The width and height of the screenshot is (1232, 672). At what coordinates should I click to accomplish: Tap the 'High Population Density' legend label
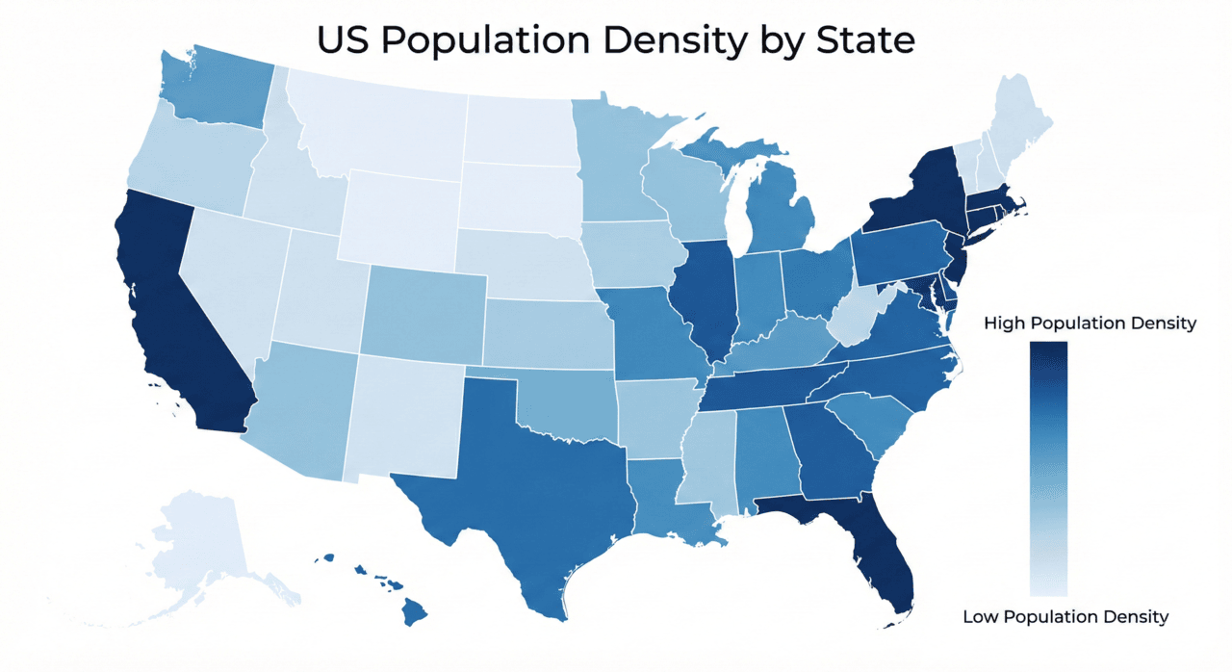pyautogui.click(x=1090, y=323)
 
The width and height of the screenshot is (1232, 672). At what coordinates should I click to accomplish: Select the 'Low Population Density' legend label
pyautogui.click(x=1065, y=616)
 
